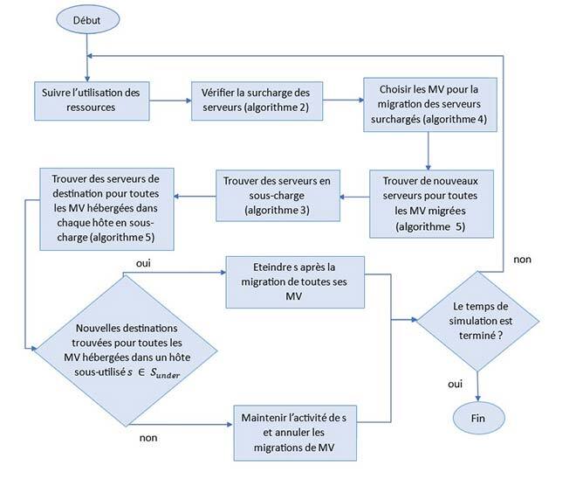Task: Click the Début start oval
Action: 87,18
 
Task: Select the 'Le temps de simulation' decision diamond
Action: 477,320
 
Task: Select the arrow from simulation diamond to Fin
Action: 478,382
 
